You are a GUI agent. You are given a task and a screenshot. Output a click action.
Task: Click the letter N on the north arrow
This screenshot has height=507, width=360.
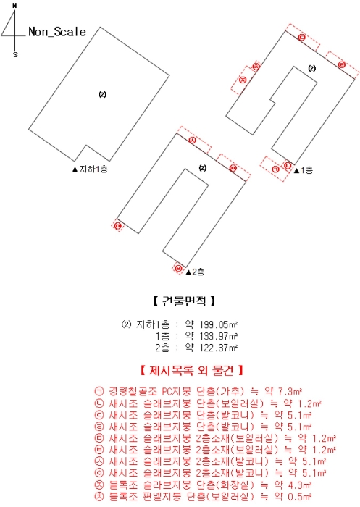click(x=15, y=6)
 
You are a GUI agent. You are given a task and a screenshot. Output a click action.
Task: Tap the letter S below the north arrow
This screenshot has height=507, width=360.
click(x=15, y=54)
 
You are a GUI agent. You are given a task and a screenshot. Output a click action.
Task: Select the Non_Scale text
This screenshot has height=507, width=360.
click(x=57, y=32)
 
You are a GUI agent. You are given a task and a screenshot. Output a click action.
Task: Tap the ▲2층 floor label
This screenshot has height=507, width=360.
click(x=194, y=272)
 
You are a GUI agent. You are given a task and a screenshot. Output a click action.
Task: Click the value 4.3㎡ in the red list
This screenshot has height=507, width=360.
click(x=298, y=485)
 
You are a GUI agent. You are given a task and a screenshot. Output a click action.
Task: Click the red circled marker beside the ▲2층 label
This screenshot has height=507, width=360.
click(x=178, y=269)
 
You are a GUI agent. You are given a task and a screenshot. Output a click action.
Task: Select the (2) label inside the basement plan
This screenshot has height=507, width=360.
click(x=102, y=94)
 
